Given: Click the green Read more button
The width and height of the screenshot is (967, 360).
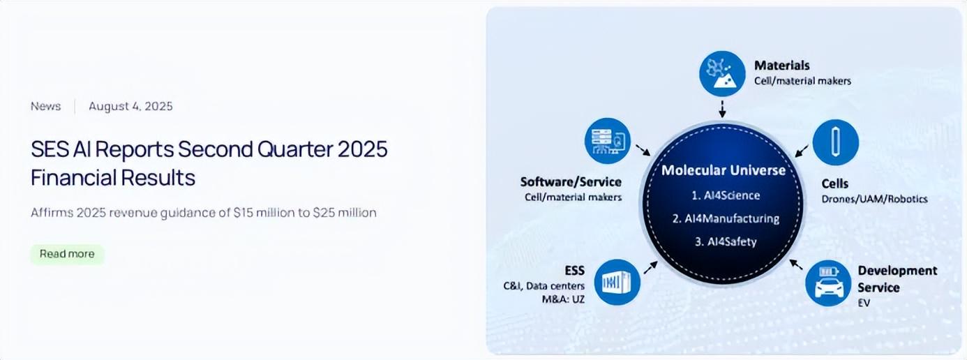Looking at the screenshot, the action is (x=68, y=254).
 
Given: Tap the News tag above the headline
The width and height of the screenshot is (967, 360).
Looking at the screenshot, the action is (x=46, y=106).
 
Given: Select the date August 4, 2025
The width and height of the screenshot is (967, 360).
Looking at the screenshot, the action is (x=130, y=106).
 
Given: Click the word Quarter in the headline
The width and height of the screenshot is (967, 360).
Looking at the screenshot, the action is (x=294, y=149).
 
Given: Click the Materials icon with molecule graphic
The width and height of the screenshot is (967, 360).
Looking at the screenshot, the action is (x=722, y=73).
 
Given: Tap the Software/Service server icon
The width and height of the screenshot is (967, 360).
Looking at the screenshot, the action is (x=608, y=141).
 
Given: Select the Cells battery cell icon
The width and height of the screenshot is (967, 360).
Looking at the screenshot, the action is (x=835, y=142).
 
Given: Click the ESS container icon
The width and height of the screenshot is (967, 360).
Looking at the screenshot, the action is (x=617, y=283).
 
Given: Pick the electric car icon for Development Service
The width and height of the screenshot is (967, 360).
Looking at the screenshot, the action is (x=828, y=283).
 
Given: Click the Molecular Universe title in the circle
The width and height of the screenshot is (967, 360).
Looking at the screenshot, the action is (x=724, y=170).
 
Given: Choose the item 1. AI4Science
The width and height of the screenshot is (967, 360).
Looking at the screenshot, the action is (x=726, y=195).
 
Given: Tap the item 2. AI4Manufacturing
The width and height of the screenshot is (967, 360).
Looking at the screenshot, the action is (x=726, y=218).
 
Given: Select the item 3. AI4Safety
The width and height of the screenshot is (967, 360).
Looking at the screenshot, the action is (x=726, y=241).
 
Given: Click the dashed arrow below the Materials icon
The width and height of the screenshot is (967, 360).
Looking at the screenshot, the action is (x=722, y=109).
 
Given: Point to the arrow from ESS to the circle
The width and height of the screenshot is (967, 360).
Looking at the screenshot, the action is (x=650, y=268).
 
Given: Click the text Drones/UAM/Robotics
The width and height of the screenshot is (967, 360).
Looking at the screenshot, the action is (x=875, y=199).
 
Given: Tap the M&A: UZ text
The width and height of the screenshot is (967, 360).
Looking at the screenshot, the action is (x=563, y=299).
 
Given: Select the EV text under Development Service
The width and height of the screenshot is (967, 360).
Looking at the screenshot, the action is (x=864, y=303).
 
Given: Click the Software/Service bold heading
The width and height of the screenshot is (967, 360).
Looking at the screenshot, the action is (x=571, y=181).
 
